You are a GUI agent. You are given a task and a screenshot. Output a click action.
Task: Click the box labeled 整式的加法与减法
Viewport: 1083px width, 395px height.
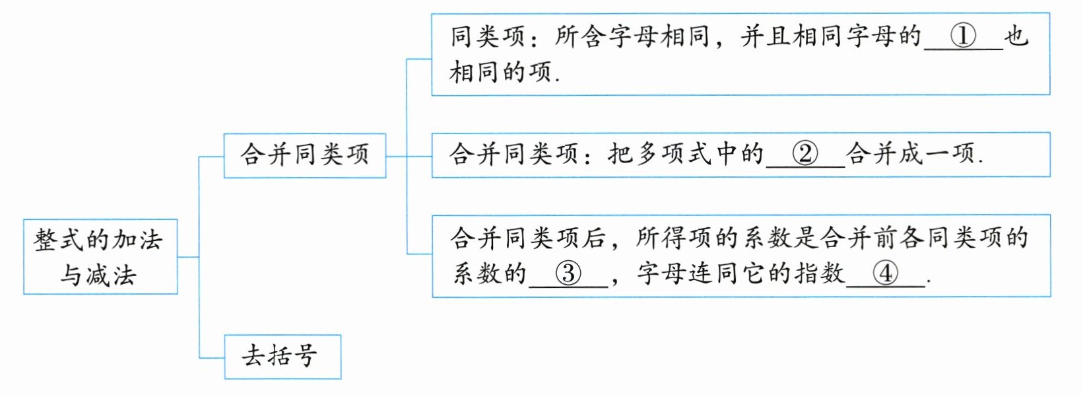point(100,256)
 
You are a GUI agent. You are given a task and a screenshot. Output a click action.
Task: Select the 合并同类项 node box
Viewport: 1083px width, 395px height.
point(304,155)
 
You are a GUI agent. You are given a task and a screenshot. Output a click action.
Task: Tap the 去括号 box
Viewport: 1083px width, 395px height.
point(282,357)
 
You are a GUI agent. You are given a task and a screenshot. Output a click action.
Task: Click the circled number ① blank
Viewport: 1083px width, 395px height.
point(963,36)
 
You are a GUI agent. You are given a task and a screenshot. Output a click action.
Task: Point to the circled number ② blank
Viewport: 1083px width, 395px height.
point(805,155)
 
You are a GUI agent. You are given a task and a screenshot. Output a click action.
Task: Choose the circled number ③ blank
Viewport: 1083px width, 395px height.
point(568,273)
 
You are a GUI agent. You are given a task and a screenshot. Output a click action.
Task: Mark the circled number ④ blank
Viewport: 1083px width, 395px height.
point(885,273)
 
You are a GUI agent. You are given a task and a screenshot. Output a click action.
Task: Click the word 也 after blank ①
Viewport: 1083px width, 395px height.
point(1016,36)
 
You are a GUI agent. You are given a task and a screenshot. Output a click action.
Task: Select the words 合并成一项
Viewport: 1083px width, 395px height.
point(911,155)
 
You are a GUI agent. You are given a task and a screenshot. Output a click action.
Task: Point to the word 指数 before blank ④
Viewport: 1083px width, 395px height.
point(819,273)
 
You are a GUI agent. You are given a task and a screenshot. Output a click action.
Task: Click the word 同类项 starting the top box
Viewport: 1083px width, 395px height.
point(488,36)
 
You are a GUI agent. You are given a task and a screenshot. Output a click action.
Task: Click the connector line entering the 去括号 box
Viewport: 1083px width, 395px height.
point(212,358)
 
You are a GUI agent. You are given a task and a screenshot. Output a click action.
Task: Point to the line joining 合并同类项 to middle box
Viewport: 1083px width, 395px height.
point(409,157)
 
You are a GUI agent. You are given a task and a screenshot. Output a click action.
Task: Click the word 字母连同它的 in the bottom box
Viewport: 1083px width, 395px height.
point(713,273)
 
